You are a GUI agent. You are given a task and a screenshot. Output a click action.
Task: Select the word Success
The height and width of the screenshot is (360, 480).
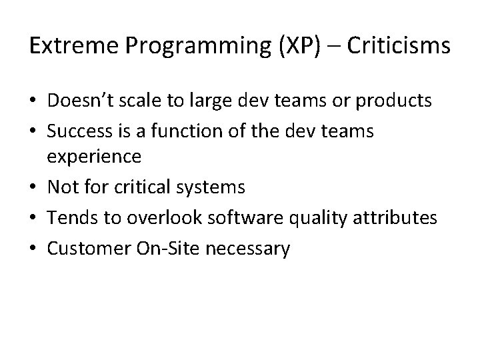pos(77,131)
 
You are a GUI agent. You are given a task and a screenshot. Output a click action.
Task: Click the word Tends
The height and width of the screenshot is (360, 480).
pos(69,217)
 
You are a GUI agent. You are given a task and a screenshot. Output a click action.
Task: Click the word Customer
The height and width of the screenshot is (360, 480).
pos(85,248)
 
